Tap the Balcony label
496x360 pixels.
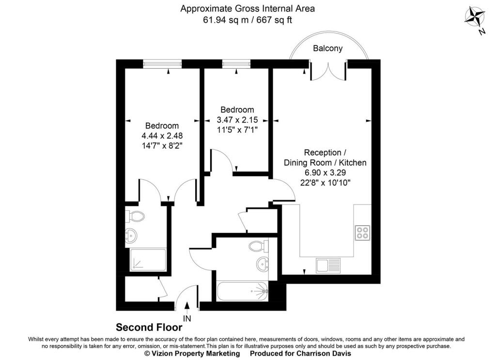327,48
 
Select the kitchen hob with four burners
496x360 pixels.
362,233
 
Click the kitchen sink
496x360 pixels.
328,265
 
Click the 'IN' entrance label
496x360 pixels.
187,318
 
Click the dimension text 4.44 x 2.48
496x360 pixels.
162,136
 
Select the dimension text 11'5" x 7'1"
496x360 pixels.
237,129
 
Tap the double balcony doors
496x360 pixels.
328,70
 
